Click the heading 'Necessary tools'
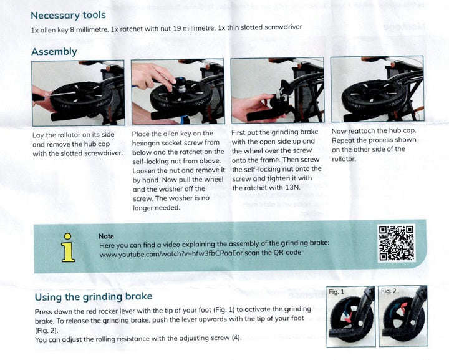tap(68, 15)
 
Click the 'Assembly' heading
tap(54, 52)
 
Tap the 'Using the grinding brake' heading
tap(93, 297)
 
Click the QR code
tap(397, 243)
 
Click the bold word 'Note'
tap(106, 236)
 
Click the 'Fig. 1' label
tap(336, 291)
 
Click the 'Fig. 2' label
tap(389, 291)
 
